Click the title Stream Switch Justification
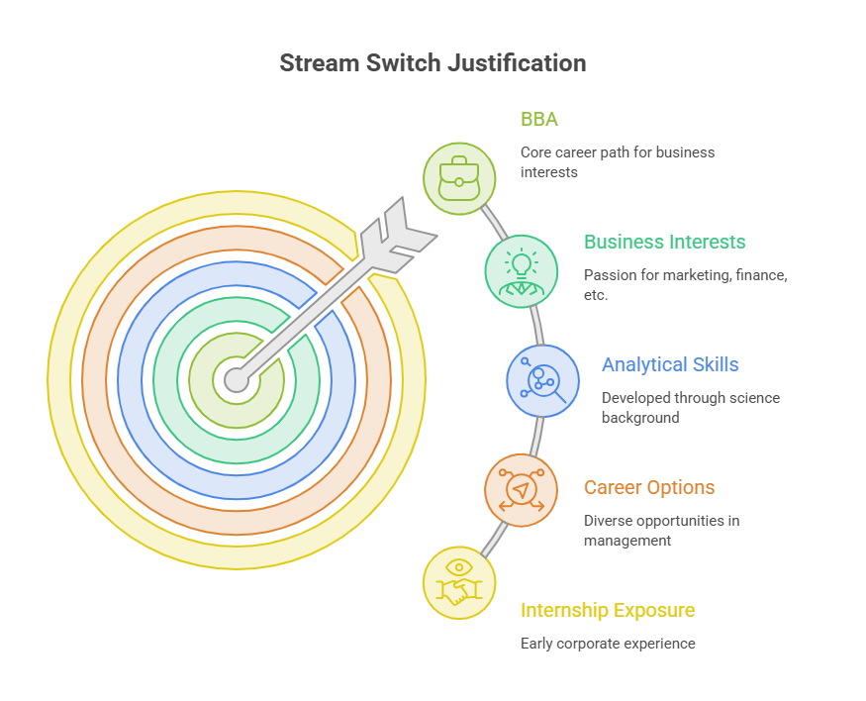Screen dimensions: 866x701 [x=433, y=63]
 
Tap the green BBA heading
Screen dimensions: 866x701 [x=539, y=120]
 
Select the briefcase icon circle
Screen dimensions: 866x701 [x=459, y=178]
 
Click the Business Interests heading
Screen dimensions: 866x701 [x=664, y=242]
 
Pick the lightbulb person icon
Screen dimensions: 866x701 [x=521, y=271]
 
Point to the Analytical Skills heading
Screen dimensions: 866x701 [x=670, y=364]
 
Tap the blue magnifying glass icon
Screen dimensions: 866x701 [x=542, y=380]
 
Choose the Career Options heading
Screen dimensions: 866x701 [x=649, y=487]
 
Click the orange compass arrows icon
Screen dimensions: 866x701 [x=521, y=490]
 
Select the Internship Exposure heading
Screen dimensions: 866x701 [x=608, y=611]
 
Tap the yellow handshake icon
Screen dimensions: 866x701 [x=459, y=583]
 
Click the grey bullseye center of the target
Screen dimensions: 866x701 [x=237, y=380]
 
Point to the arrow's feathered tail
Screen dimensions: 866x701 [x=398, y=235]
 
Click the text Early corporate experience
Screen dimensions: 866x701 [x=608, y=644]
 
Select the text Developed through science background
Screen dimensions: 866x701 [x=691, y=408]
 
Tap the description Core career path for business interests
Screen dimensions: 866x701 [x=618, y=162]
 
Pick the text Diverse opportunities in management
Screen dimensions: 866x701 [x=662, y=531]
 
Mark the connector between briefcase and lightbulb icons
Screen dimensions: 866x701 [x=494, y=223]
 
